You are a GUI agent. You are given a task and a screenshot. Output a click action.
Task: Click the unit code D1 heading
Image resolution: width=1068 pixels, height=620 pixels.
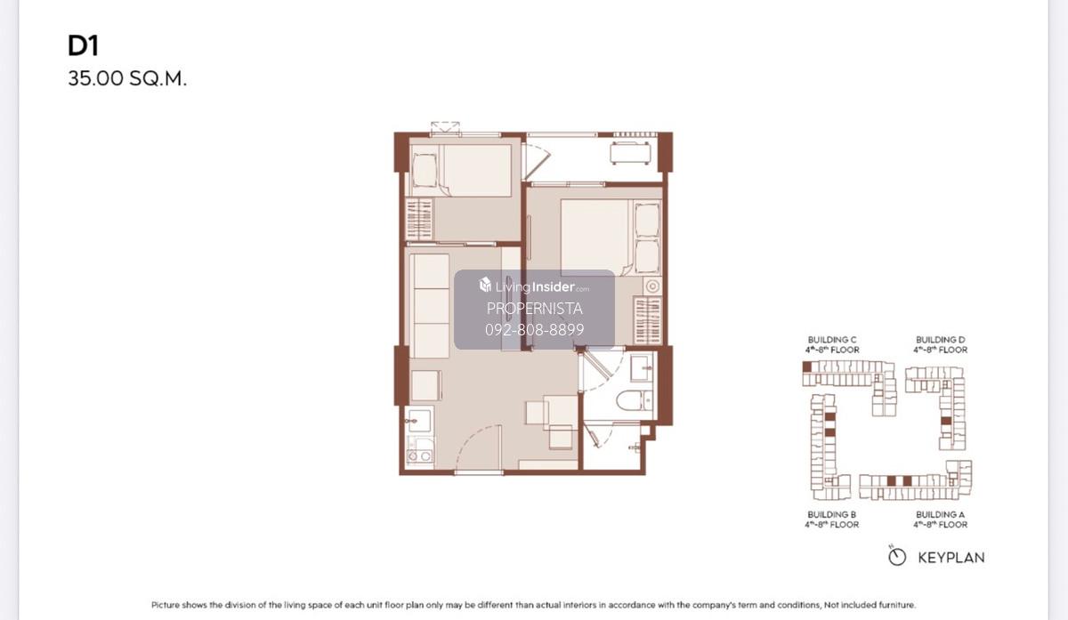tap(83, 46)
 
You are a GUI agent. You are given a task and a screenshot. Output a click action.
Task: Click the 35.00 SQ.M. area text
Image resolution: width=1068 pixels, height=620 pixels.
tap(127, 78)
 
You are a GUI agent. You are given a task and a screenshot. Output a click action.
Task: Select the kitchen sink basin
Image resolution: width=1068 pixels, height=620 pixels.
tap(419, 421)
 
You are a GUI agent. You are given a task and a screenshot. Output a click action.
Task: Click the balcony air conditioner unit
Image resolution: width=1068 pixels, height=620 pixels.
tap(630, 153)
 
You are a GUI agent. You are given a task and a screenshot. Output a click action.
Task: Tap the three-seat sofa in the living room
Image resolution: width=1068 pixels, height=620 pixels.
tap(431, 305)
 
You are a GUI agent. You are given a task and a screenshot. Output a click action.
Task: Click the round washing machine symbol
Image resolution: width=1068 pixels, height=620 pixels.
tap(652, 286)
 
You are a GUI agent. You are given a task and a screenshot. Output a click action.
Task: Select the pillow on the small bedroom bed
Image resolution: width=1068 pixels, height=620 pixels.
tap(425, 170)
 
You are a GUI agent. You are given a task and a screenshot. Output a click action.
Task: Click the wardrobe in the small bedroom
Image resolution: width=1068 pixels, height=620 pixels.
tap(419, 219)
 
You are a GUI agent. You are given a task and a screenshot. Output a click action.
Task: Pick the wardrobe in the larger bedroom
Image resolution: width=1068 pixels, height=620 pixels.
tap(648, 320)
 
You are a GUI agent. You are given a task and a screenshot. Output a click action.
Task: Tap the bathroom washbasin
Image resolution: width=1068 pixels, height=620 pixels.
tap(642, 368)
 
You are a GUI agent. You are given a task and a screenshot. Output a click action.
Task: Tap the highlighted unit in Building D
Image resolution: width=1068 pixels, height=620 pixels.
tap(946, 421)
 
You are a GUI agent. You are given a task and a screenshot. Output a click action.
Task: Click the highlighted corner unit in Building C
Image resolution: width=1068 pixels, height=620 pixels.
tap(807, 366)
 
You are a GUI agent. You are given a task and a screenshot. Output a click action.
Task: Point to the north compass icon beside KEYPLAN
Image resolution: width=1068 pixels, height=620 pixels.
tap(897, 557)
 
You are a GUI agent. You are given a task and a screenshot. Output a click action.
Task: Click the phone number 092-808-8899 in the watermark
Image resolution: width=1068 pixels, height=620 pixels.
tap(535, 330)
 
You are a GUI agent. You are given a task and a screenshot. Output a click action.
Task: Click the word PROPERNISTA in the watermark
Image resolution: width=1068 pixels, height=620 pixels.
tap(535, 309)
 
